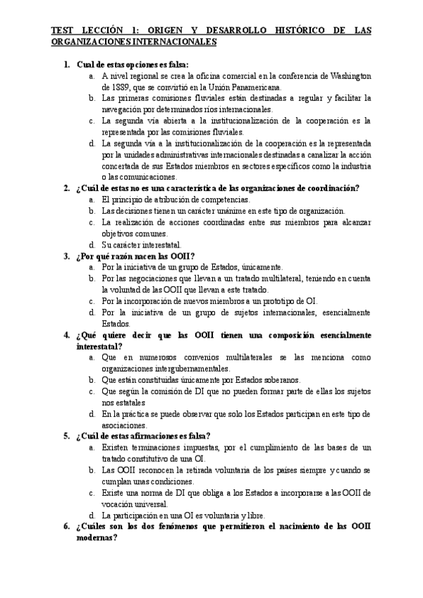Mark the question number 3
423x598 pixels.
tap(66, 255)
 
